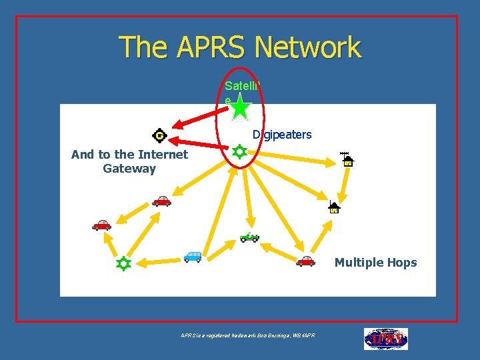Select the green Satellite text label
(x=243, y=86)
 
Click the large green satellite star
(x=240, y=108)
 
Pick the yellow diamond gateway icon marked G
(x=159, y=135)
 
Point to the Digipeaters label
(x=282, y=135)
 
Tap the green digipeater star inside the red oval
(x=239, y=152)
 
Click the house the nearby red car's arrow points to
(x=334, y=207)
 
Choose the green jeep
(x=249, y=237)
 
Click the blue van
(x=192, y=257)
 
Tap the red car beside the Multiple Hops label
(x=305, y=261)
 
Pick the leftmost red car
(x=101, y=225)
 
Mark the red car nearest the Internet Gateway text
(x=161, y=201)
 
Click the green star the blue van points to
(x=123, y=263)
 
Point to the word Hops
(x=402, y=263)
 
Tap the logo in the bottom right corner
(x=385, y=339)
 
